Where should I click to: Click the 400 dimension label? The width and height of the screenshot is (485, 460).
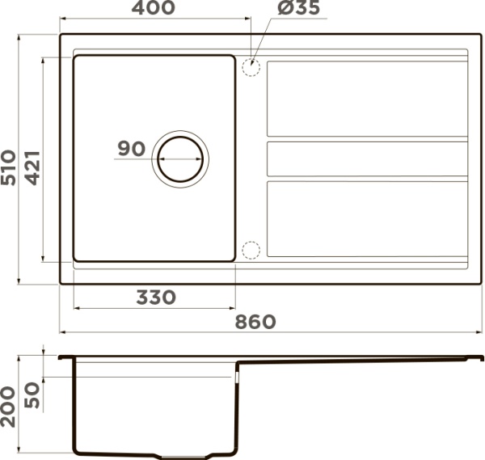153,7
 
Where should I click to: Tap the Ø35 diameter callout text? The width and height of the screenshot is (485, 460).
298,7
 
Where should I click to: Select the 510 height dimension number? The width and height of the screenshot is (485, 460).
8,167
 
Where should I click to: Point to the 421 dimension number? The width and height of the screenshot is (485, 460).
32,167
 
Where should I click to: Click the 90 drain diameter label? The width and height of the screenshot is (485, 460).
132,149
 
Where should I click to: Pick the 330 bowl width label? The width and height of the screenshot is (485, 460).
156,298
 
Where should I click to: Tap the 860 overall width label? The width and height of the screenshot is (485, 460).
255,322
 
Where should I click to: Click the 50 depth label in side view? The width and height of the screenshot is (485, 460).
32,395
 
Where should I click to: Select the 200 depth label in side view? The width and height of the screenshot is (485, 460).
8,407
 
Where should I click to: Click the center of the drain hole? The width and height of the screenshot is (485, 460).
180,159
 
